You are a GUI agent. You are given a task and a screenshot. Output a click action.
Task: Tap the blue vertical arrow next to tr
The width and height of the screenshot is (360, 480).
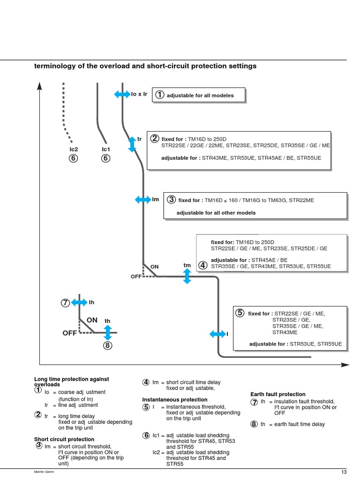coord(132,144)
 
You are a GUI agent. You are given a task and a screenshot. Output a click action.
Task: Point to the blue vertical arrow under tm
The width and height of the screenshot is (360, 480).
coord(187,276)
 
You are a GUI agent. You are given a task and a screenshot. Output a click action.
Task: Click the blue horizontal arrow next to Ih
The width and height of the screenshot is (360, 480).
coord(79,302)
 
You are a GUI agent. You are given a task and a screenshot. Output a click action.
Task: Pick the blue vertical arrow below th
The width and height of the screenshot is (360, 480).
coord(108,332)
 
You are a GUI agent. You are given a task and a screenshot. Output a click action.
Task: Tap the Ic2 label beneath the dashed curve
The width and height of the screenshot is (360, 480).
coord(73,149)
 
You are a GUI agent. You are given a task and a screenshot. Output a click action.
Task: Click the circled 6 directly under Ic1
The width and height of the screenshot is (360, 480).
coord(105,158)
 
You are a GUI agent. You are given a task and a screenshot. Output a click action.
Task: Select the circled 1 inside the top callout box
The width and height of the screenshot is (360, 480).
coord(160,95)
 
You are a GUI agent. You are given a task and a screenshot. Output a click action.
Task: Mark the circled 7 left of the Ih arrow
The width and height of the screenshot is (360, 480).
coord(65,303)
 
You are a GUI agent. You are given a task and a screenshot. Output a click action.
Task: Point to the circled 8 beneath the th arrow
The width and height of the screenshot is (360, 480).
coord(108,346)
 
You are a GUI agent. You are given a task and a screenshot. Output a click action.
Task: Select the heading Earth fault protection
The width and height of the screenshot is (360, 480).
coord(277,394)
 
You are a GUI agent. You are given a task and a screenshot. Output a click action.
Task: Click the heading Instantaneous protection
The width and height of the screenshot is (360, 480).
coord(168,399)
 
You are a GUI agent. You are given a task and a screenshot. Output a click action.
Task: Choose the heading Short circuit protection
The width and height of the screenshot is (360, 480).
coord(64,439)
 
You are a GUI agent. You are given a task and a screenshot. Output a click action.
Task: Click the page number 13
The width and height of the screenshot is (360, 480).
coord(344,472)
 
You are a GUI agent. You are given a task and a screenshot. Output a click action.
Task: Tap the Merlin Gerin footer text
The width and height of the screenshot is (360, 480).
coord(45,472)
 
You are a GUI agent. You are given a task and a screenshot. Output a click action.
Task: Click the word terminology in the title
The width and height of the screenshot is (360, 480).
coord(52,66)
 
